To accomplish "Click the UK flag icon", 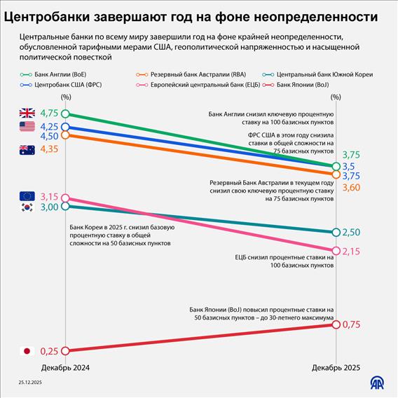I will pos(27,113).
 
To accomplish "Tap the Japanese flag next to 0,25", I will pos(27,351).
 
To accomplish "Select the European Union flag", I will pos(27,196).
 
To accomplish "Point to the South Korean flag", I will pos(27,207).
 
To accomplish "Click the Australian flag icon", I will pos(27,149).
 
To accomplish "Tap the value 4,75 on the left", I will pos(49,113).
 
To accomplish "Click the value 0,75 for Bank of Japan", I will pos(352,324).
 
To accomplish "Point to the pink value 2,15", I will pos(352,251).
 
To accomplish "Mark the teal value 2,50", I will pos(352,233).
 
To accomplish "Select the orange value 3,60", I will pos(352,188).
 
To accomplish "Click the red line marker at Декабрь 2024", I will pos(65,351).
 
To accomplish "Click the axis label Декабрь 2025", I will pos(336,367).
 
